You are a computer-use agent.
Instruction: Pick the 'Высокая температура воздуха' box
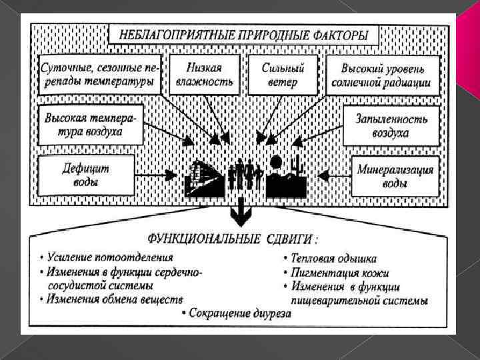(x=91, y=125)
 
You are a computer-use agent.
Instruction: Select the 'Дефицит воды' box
(x=86, y=175)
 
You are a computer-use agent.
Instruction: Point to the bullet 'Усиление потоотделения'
(x=107, y=257)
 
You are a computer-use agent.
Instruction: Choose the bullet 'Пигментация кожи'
(x=336, y=273)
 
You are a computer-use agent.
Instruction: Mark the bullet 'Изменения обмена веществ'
(x=110, y=299)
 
